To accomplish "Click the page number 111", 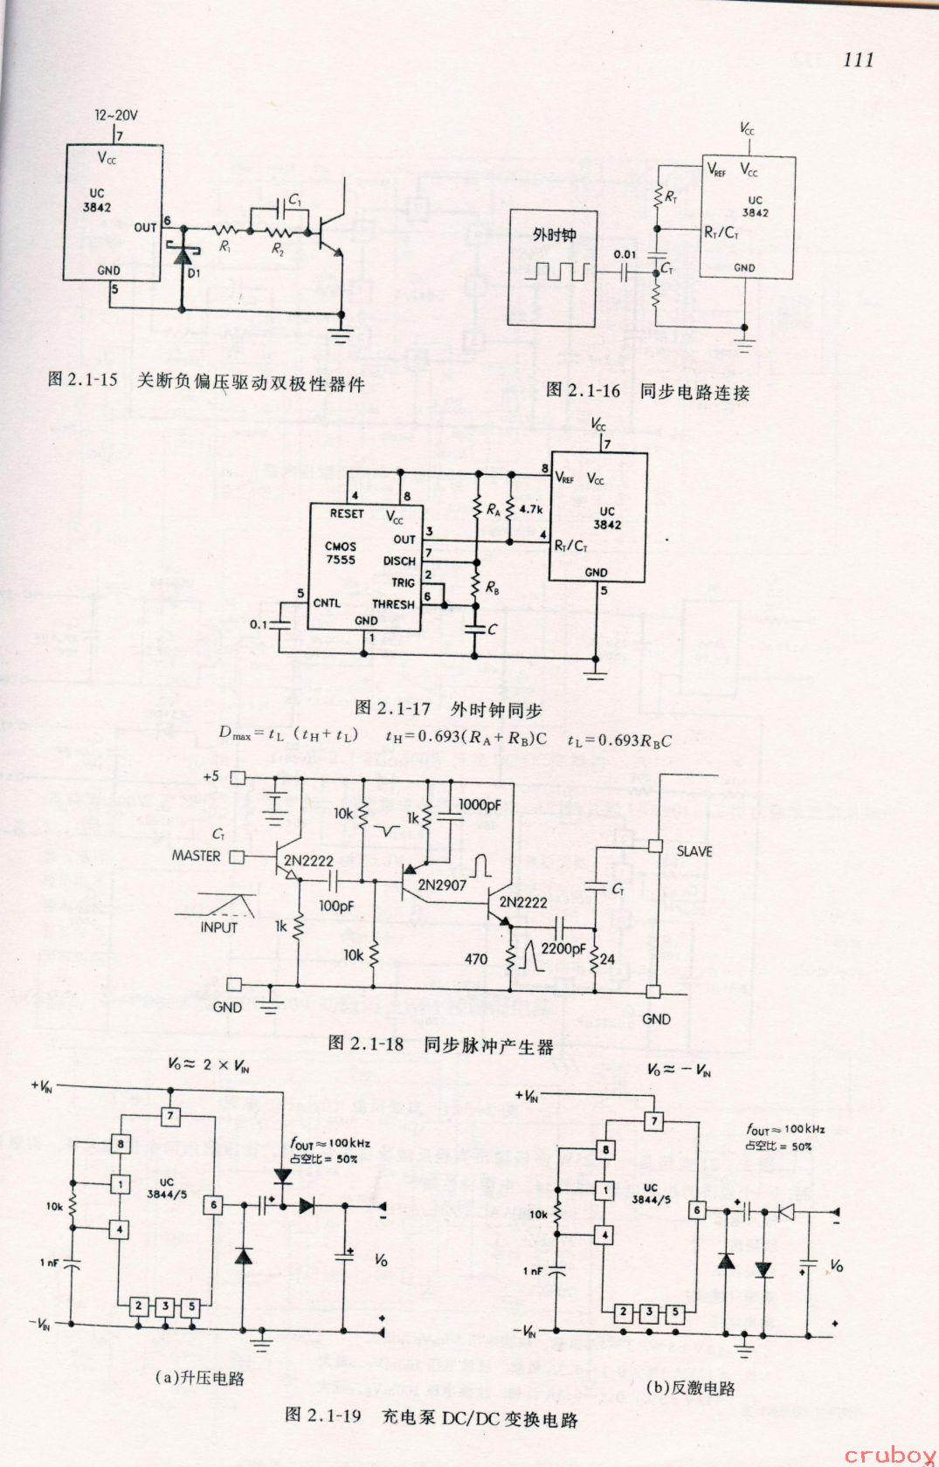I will [x=859, y=59].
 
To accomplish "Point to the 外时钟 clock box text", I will [x=554, y=235].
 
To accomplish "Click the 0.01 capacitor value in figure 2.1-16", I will [x=625, y=255].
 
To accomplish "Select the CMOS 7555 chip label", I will [x=339, y=553].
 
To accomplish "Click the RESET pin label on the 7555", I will [x=347, y=513].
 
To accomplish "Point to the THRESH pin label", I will [x=393, y=603].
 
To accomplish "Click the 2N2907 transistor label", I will [x=442, y=885].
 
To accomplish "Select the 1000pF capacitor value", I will [x=480, y=803].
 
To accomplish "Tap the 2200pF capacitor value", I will [x=563, y=948].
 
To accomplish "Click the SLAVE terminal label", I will [x=694, y=851].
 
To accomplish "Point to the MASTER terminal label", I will [x=196, y=856].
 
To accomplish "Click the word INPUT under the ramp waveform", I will [x=218, y=926].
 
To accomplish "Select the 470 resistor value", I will [x=476, y=959].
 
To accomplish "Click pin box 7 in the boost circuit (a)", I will [x=171, y=1116].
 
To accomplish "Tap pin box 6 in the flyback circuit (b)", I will [x=696, y=1209].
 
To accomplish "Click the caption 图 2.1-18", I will [x=365, y=1043].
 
